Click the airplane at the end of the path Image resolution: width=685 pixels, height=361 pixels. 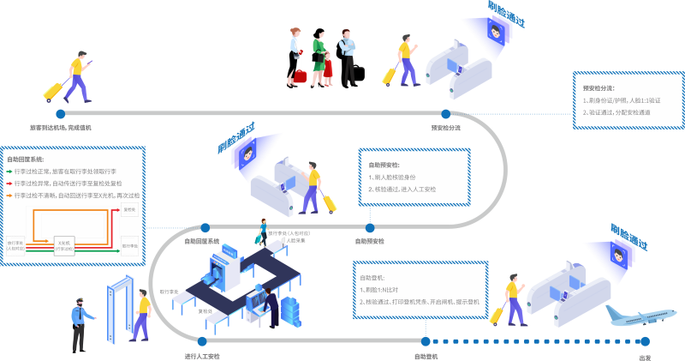click(637, 320)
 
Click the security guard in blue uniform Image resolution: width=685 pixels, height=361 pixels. click(81, 322)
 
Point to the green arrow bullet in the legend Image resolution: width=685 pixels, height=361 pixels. click(10, 171)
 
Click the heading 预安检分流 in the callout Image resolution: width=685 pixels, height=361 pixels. click(599, 87)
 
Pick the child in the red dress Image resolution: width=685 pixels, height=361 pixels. click(328, 69)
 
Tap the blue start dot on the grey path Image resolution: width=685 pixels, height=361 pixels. click(60, 112)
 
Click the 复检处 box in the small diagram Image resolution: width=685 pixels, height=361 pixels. click(130, 209)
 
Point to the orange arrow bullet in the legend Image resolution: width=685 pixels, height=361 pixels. click(10, 195)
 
